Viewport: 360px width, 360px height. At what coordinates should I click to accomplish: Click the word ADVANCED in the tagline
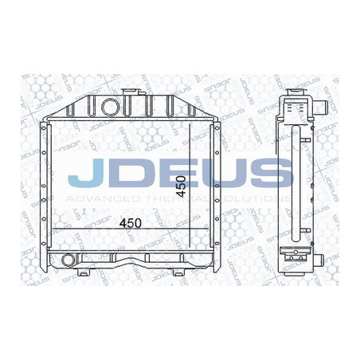(95, 197)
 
